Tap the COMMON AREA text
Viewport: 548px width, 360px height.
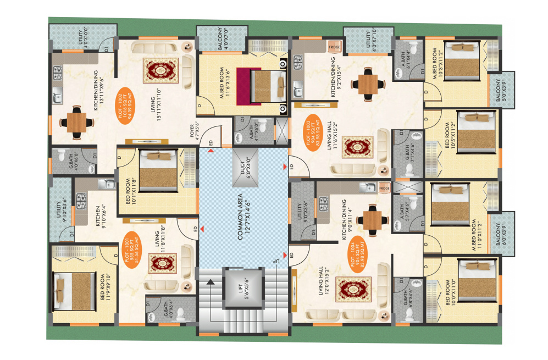pyautogui.click(x=244, y=211)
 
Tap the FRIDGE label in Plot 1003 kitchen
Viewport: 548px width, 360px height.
pyautogui.click(x=334, y=48)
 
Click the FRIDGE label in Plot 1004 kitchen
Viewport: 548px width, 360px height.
pyautogui.click(x=384, y=189)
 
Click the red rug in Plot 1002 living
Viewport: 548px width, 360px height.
pyautogui.click(x=162, y=71)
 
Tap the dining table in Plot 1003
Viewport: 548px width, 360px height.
pyautogui.click(x=368, y=84)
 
